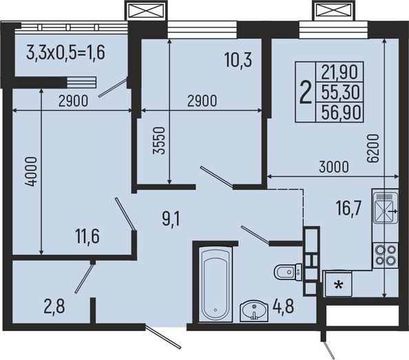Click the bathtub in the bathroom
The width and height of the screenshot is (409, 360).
pyautogui.click(x=216, y=284)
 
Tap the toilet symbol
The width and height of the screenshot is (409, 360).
pyautogui.click(x=288, y=272)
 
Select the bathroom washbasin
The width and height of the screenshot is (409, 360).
pyautogui.click(x=254, y=311)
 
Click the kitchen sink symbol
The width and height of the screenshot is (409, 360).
pyautogui.click(x=386, y=208)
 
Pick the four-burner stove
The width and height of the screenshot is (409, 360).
pyautogui.click(x=386, y=255)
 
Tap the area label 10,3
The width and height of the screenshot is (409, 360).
pyautogui.click(x=238, y=60)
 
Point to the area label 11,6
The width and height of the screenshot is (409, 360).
pyautogui.click(x=87, y=237)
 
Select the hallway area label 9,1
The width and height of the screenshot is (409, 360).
pyautogui.click(x=171, y=219)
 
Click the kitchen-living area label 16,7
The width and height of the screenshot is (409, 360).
pyautogui.click(x=348, y=209)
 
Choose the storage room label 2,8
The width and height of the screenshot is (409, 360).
pyautogui.click(x=54, y=306)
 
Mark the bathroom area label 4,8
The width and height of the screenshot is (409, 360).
pyautogui.click(x=283, y=306)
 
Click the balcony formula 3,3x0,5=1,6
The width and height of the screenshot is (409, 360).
pyautogui.click(x=65, y=53)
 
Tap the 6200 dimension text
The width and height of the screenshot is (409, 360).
pyautogui.click(x=373, y=149)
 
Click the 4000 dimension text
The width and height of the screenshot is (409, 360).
pyautogui.click(x=31, y=171)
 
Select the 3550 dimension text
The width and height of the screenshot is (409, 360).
pyautogui.click(x=159, y=141)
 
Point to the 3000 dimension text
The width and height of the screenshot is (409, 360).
pyautogui.click(x=334, y=167)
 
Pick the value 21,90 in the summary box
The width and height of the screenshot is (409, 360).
pyautogui.click(x=339, y=72)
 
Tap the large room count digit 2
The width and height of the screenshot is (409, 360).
pyautogui.click(x=306, y=92)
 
